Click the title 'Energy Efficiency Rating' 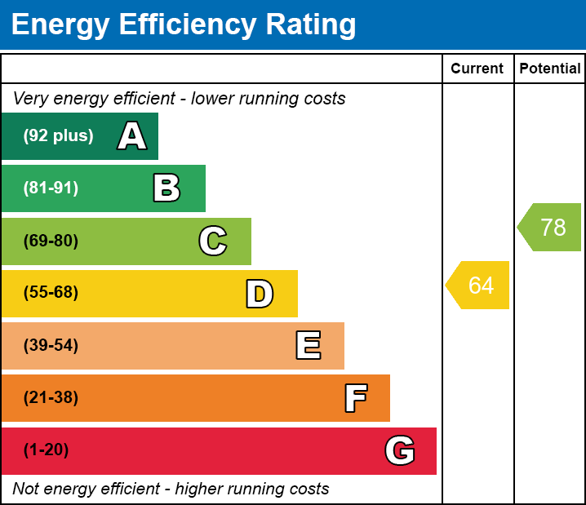pos(184,25)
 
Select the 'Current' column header pos(477,69)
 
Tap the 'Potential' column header pos(550,69)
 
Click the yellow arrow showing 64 pos(479,286)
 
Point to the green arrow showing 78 pos(551,227)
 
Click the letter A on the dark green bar pos(132,136)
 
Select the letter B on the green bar pos(166,188)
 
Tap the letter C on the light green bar pos(213,241)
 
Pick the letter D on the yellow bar pos(260,294)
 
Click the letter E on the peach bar pos(308,346)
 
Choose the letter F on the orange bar pos(355,398)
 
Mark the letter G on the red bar pos(400,450)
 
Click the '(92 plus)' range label pos(58,136)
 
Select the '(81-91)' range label pos(51,188)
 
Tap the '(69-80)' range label pos(51,241)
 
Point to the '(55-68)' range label pos(51,293)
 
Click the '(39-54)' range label pos(51,346)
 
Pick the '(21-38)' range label pos(51,398)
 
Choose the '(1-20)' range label pos(46,450)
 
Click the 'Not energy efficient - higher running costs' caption pos(171,489)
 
